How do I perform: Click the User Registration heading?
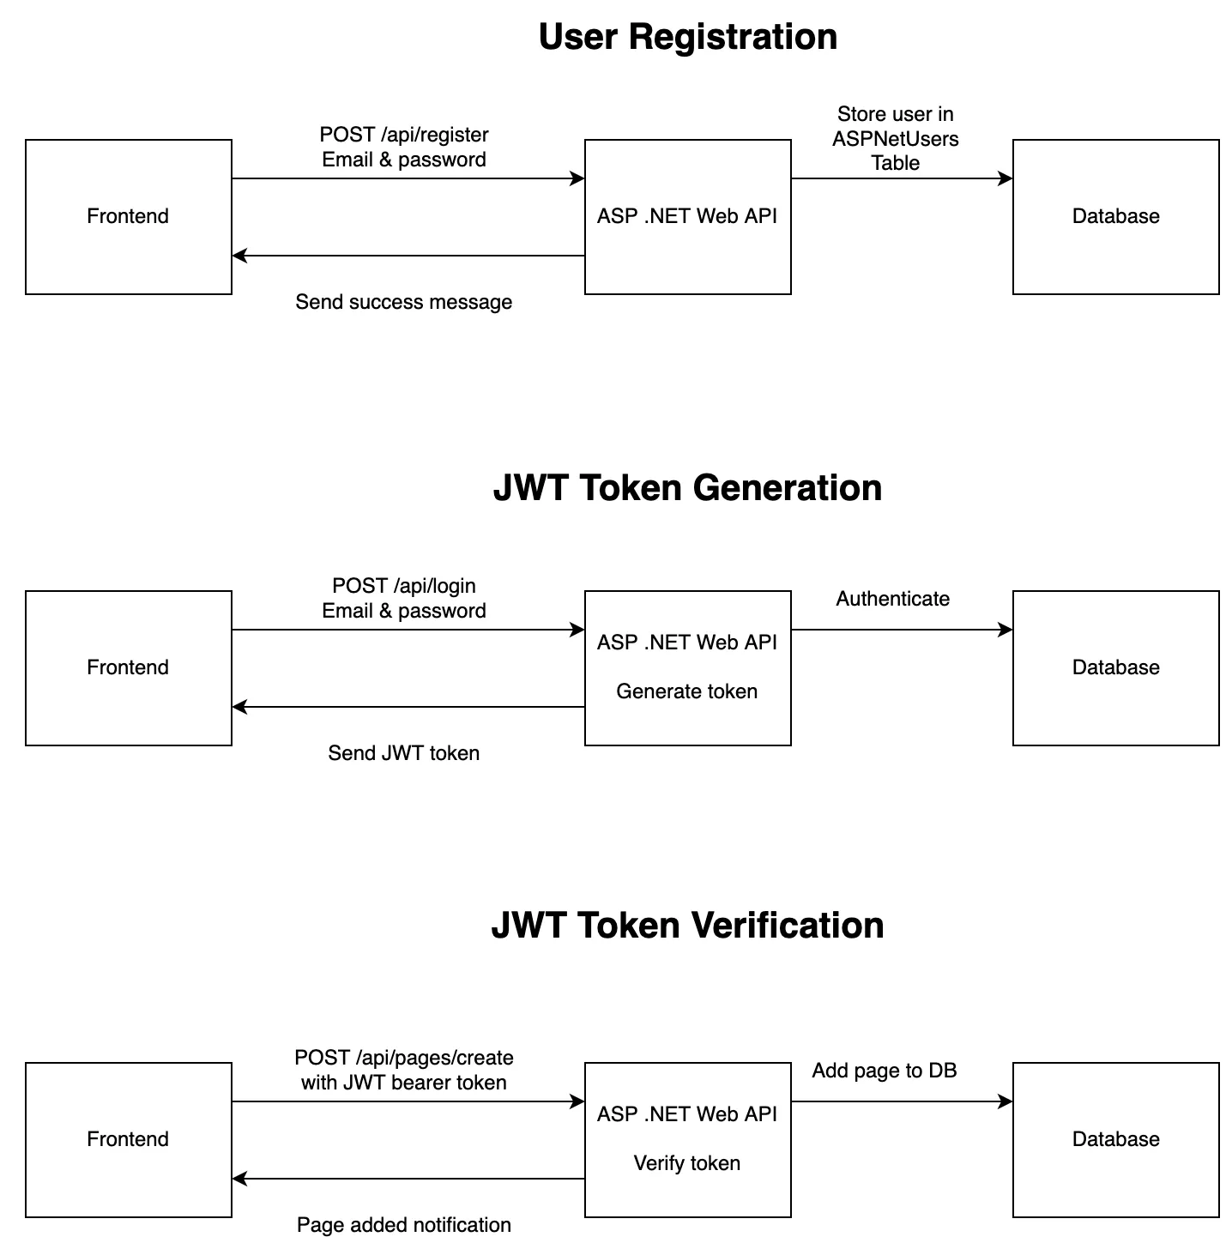pyautogui.click(x=687, y=37)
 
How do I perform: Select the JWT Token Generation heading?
pyautogui.click(x=687, y=487)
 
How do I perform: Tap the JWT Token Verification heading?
pyautogui.click(x=687, y=925)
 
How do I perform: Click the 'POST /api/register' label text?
pyautogui.click(x=404, y=135)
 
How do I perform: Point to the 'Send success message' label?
pyautogui.click(x=403, y=302)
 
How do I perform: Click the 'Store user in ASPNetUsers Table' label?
pyautogui.click(x=895, y=139)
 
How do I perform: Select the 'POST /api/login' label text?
pyautogui.click(x=404, y=586)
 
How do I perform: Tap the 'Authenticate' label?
pyautogui.click(x=892, y=599)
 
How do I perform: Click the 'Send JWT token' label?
pyautogui.click(x=403, y=753)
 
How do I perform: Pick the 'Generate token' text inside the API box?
pyautogui.click(x=686, y=691)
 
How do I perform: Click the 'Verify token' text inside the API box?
pyautogui.click(x=686, y=1163)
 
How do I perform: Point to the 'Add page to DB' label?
pyautogui.click(x=884, y=1071)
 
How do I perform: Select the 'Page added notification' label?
pyautogui.click(x=403, y=1225)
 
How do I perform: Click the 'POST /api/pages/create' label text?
pyautogui.click(x=404, y=1058)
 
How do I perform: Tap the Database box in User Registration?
pyautogui.click(x=1115, y=216)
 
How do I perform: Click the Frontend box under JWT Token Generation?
pyautogui.click(x=128, y=667)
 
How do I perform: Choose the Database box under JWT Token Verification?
pyautogui.click(x=1115, y=1139)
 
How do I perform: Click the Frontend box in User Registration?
pyautogui.click(x=128, y=216)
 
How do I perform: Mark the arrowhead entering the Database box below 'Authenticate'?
pyautogui.click(x=1007, y=630)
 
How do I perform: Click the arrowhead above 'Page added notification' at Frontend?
pyautogui.click(x=239, y=1179)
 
